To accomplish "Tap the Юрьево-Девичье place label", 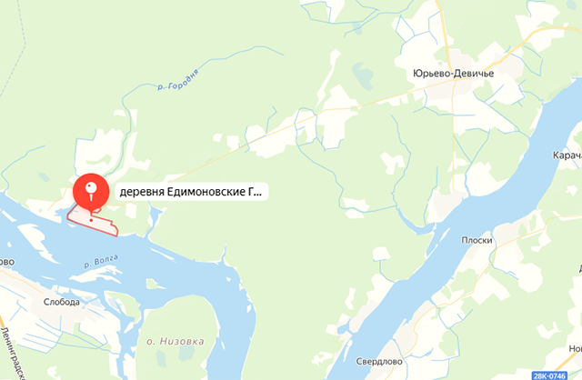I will (x=452, y=75).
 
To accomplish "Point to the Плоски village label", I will (x=477, y=240).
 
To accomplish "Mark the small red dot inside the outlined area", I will (x=91, y=218).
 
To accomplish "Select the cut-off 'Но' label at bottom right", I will (x=575, y=350).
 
